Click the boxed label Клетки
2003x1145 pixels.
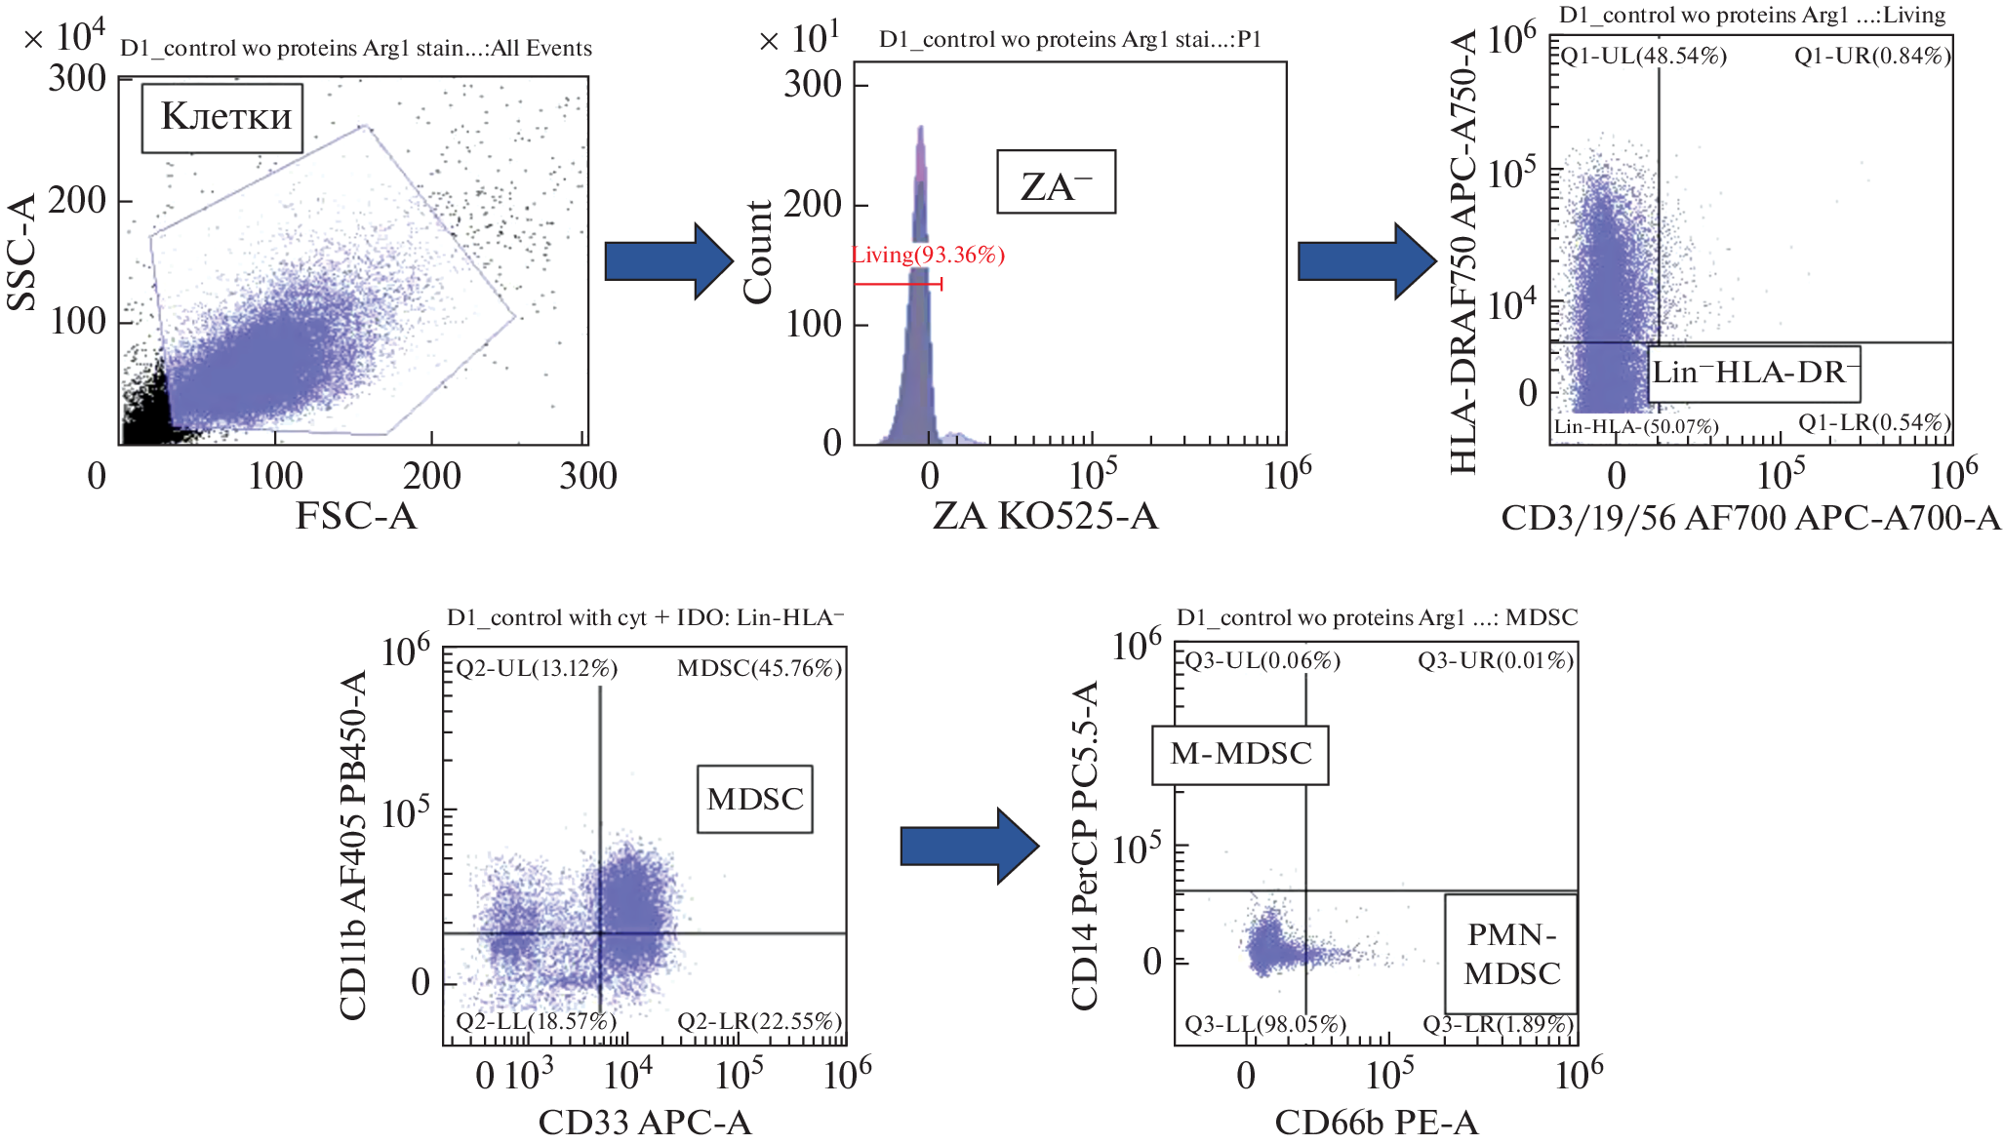[x=222, y=118]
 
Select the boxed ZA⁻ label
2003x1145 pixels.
[x=1056, y=182]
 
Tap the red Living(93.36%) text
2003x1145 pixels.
[x=928, y=256]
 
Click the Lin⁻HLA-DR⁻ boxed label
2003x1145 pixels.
[x=1753, y=374]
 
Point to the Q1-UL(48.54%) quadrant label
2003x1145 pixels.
[x=1643, y=57]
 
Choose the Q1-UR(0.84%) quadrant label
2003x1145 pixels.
[x=1872, y=57]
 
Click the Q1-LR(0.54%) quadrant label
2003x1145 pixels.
[x=1874, y=423]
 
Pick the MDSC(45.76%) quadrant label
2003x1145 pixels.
[x=759, y=669]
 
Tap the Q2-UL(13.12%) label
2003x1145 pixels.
[x=537, y=669]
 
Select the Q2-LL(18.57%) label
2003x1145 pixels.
[x=537, y=1021]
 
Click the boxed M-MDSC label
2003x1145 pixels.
[x=1240, y=755]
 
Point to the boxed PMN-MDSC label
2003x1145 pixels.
[x=1511, y=954]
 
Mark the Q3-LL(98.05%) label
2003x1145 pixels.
[x=1265, y=1025]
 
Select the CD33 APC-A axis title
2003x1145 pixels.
[x=645, y=1123]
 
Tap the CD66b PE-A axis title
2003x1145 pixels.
[x=1377, y=1123]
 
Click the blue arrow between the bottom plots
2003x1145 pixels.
[x=968, y=846]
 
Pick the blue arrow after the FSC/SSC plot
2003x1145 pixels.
[x=667, y=261]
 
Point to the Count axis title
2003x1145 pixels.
[x=758, y=252]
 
